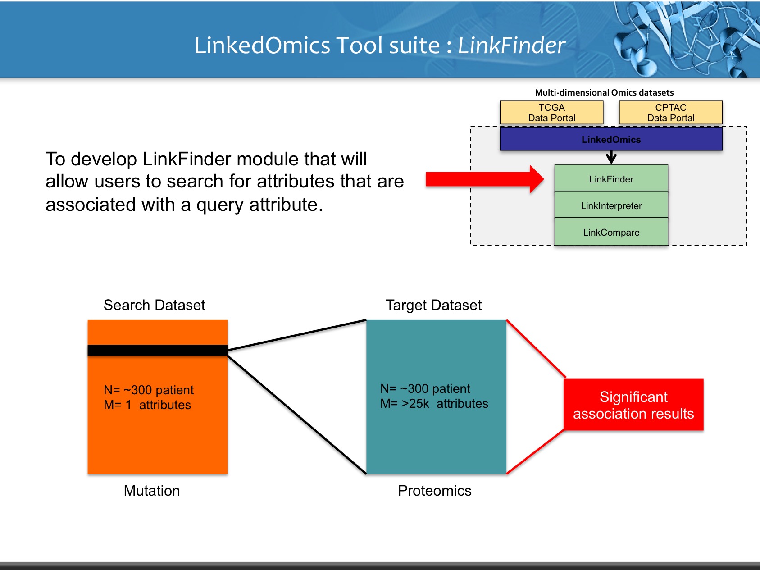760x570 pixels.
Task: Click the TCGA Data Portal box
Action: tap(551, 113)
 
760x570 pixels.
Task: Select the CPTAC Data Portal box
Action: tap(670, 113)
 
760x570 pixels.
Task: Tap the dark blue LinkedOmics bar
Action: tap(611, 139)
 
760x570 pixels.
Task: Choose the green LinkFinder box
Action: tap(611, 178)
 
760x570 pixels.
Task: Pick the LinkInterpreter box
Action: tap(611, 205)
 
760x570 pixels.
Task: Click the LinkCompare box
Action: tap(611, 232)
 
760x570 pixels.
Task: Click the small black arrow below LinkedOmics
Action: tap(611, 157)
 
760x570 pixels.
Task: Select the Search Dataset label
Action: tap(154, 305)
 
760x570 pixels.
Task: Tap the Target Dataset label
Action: tap(433, 305)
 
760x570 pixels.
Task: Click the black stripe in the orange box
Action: tap(157, 350)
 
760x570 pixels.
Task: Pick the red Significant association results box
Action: tap(633, 405)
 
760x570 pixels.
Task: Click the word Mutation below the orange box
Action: tap(152, 491)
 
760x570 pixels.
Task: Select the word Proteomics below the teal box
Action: tap(435, 491)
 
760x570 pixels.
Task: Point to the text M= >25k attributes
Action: tap(434, 404)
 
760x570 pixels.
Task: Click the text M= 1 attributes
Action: tap(147, 405)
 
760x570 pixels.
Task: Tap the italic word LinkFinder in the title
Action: tap(511, 46)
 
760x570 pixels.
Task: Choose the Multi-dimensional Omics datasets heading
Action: tap(604, 92)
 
